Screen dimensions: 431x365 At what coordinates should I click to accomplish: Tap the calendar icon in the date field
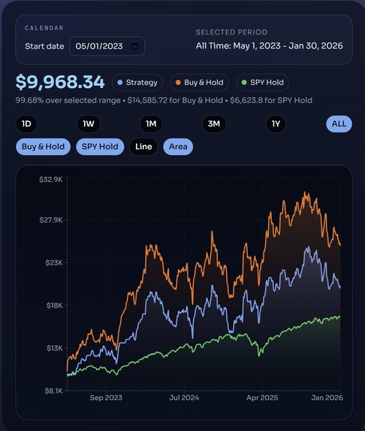(134, 46)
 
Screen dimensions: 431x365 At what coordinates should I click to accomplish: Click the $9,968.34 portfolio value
(60, 82)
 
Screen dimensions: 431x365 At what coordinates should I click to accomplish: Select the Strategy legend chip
(137, 82)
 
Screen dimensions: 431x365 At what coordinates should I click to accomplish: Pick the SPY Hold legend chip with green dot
(262, 82)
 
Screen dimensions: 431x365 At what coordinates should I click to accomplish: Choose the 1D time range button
(26, 124)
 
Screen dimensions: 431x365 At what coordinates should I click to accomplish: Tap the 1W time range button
(89, 124)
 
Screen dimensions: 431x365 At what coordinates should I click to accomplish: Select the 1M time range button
(151, 124)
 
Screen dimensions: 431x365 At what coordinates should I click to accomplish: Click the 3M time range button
(213, 124)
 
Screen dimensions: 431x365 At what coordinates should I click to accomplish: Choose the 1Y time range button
(276, 124)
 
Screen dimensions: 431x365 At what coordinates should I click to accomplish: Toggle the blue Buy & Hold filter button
(43, 147)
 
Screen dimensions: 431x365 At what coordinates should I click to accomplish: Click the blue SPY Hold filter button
(100, 147)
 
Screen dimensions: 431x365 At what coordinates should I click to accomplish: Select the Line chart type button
(144, 147)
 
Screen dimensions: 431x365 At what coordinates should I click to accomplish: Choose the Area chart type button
(178, 147)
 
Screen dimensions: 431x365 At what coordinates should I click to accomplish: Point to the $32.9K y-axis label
(50, 179)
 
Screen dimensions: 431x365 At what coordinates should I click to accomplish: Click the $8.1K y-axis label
(52, 391)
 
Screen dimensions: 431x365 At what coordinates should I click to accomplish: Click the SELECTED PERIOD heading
(231, 32)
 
